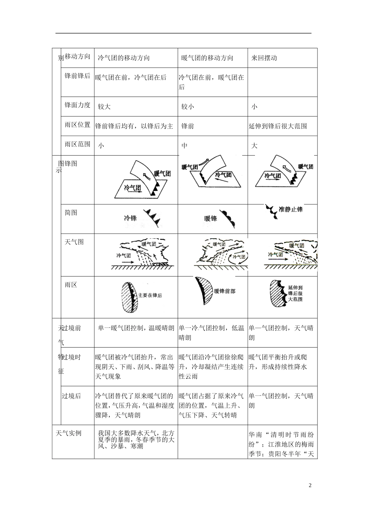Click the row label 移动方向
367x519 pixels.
point(77,56)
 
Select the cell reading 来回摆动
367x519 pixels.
point(264,58)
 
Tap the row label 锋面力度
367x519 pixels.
point(77,105)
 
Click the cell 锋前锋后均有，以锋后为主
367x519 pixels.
point(134,126)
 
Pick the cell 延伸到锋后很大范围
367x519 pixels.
point(278,126)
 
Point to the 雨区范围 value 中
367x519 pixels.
point(185,146)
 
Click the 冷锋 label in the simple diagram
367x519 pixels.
point(130,218)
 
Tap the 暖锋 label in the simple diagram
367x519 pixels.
point(211,219)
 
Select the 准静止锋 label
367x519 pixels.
point(291,210)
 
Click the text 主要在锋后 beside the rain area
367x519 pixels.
point(150,295)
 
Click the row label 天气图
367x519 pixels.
point(74,242)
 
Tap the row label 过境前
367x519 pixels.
point(72,328)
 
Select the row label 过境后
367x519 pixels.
point(72,396)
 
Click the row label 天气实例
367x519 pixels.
point(69,433)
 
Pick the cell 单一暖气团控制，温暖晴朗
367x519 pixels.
point(136,328)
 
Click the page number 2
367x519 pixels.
point(310,485)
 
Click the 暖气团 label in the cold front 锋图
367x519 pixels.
point(162,174)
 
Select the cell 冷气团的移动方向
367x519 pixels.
point(124,58)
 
